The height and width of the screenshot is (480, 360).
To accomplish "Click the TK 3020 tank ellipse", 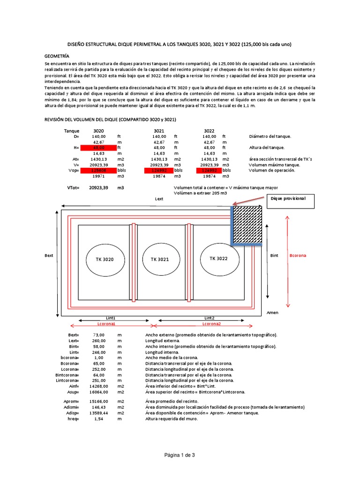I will pos(105,259).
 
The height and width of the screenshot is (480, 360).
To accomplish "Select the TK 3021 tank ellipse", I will pos(159,259).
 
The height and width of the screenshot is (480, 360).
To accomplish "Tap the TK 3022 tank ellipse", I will pos(218,258).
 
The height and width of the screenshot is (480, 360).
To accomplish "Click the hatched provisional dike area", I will pos(247,225).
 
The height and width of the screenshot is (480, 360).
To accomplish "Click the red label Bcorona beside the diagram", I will pos(298,255).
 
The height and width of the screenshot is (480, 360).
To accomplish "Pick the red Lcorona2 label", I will pos(211,324).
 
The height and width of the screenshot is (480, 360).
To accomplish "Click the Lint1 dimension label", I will pos(111,318).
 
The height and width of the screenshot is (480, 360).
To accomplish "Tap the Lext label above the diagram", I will pos(159,199).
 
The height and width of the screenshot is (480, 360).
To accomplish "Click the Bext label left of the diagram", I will pos(49,256).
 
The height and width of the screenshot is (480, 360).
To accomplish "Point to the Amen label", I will pos(272,313).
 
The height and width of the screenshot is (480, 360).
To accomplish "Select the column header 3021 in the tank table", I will pos(159,131).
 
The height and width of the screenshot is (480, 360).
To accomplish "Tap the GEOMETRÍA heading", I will pos(59,55).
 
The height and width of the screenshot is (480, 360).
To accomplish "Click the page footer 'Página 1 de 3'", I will pos(180,455).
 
